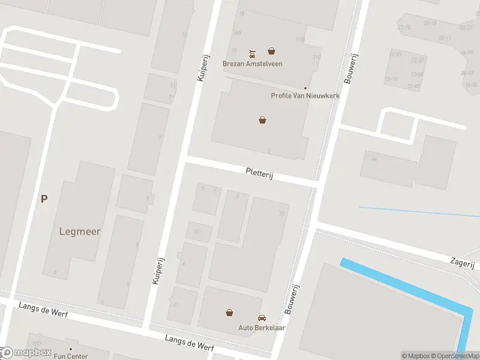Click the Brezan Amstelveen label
[252, 64]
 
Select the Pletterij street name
[259, 173]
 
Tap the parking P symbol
[44, 199]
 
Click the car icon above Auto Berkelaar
[262, 317]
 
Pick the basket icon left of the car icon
[229, 312]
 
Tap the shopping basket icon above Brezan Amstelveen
[272, 52]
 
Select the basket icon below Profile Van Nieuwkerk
[262, 120]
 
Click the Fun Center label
[71, 356]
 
